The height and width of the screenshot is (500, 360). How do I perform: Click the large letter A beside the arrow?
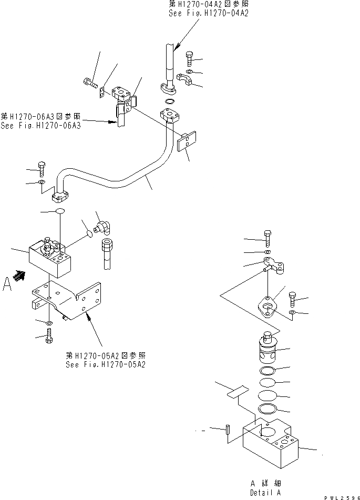pos(7,284)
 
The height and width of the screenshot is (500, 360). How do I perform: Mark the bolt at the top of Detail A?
pos(268,239)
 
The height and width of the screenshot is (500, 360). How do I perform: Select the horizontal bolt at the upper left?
pos(90,82)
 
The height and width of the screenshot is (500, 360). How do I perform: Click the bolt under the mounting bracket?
pos(48,336)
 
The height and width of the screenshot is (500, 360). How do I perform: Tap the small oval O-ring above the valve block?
pos(59,211)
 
